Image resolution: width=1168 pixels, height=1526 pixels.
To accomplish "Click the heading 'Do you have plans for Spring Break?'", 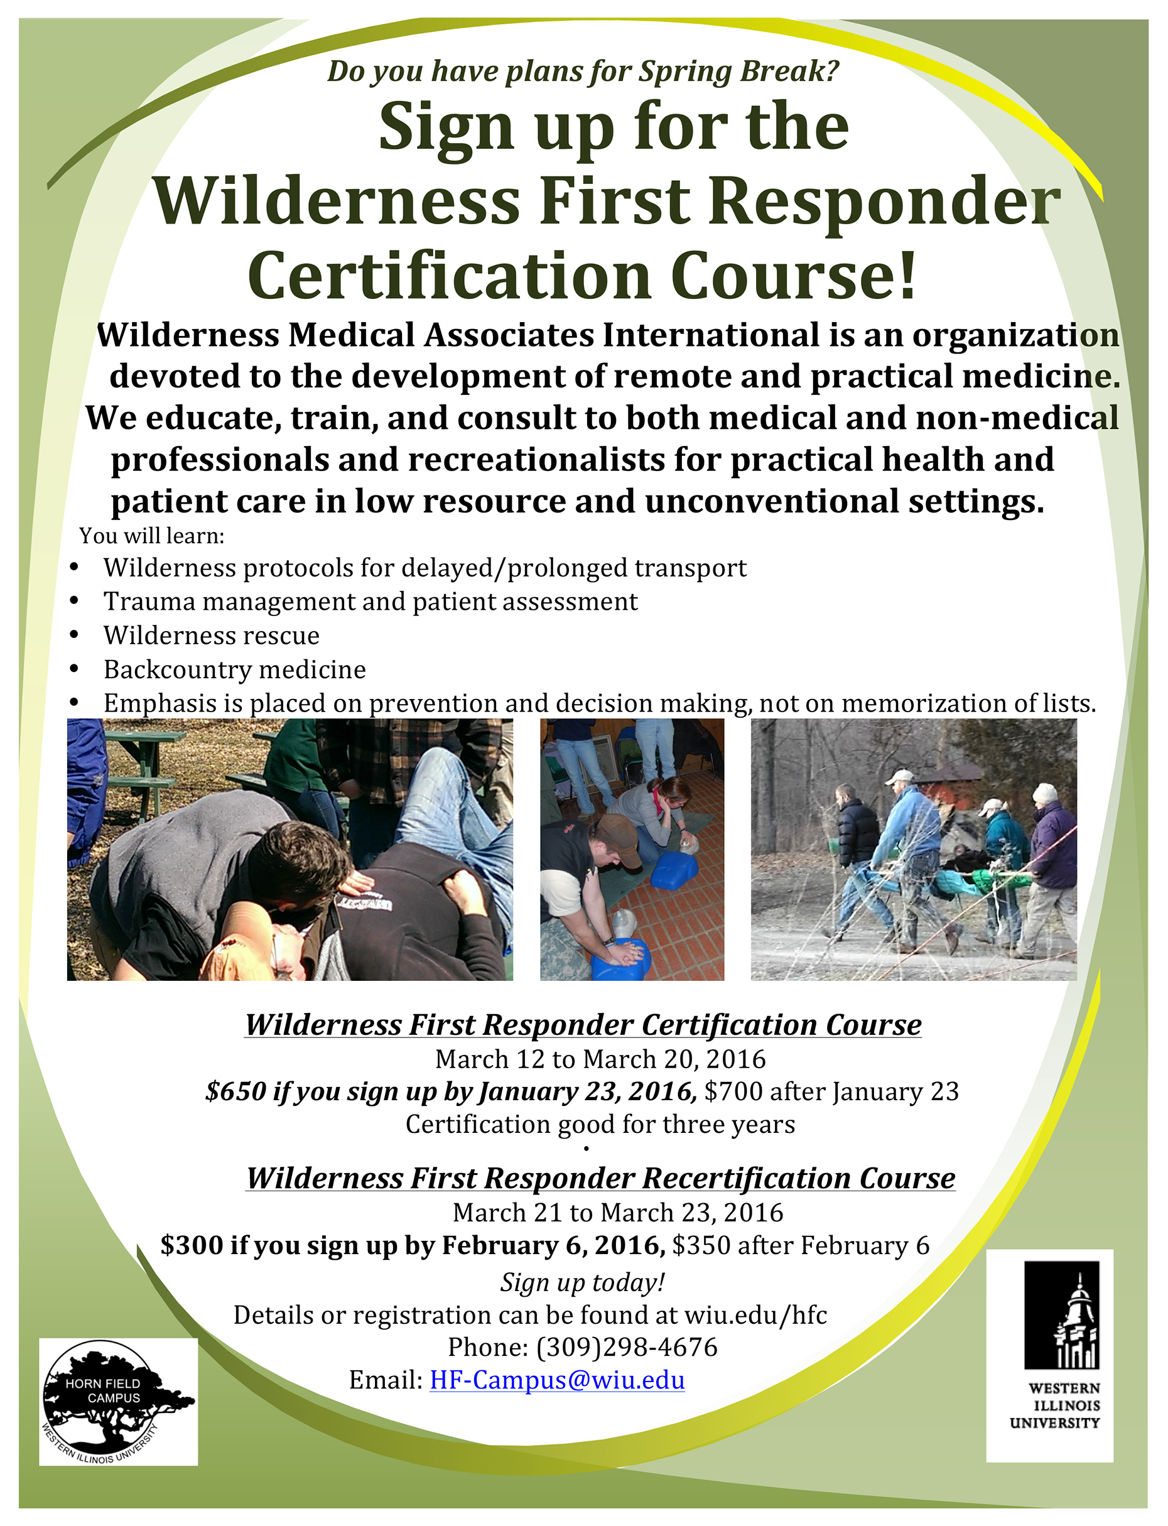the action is click(x=583, y=71).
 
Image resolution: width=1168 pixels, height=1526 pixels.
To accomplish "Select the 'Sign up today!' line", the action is click(x=583, y=1282).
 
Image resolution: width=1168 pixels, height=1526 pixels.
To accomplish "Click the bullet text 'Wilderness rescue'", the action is click(x=212, y=636).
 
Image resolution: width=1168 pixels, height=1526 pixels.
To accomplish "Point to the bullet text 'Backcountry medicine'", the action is click(x=234, y=669).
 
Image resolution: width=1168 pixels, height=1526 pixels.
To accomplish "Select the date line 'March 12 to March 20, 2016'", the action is click(x=601, y=1059).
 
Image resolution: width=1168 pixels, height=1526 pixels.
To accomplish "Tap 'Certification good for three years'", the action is click(x=601, y=1124).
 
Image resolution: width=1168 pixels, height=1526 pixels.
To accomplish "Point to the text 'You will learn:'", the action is click(x=151, y=536).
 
